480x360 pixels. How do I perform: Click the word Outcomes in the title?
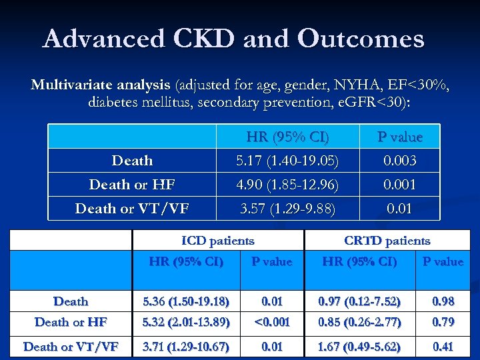(361, 39)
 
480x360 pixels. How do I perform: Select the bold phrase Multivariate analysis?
(101, 85)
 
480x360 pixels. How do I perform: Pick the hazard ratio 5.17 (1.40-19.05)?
(288, 161)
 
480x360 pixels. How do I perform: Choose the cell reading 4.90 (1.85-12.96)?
(288, 185)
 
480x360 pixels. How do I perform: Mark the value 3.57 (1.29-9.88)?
(288, 209)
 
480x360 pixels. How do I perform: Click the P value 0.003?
(400, 161)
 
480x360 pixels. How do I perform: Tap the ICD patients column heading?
(218, 241)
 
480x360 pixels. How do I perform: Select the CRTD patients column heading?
(387, 241)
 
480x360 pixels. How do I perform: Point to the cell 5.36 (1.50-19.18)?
(186, 301)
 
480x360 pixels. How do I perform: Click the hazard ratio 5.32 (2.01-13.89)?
(186, 323)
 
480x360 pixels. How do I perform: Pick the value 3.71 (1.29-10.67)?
(186, 346)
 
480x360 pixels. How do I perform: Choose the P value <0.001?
(271, 323)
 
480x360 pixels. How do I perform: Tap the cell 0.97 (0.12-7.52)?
(360, 301)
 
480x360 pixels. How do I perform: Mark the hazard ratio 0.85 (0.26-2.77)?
(360, 323)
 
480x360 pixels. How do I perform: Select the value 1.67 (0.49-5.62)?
(360, 346)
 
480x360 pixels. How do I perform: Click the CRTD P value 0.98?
(443, 301)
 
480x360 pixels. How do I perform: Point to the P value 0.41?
(443, 346)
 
